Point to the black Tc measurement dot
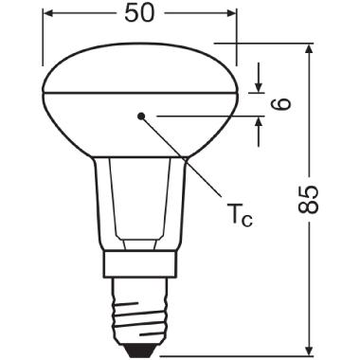click(x=141, y=115)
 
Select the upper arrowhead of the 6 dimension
click(x=258, y=89)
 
